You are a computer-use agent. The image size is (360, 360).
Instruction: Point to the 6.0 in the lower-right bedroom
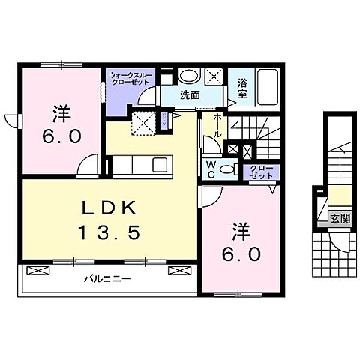point(241,254)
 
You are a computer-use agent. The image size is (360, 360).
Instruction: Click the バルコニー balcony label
point(106,278)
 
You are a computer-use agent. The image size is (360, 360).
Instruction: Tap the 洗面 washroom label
point(190,95)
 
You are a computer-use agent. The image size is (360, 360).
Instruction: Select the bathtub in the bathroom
point(266,87)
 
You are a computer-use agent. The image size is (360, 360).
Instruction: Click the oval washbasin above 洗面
point(190,76)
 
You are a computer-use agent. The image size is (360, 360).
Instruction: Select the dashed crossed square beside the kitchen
point(144,122)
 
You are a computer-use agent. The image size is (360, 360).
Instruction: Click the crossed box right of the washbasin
point(213,76)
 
